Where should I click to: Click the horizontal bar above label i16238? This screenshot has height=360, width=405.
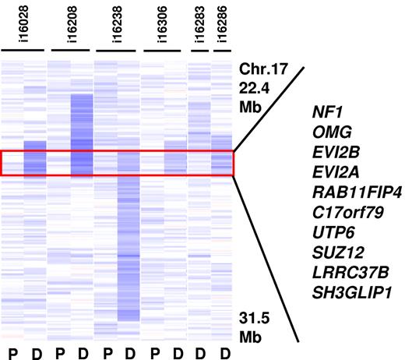pos(118,52)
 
